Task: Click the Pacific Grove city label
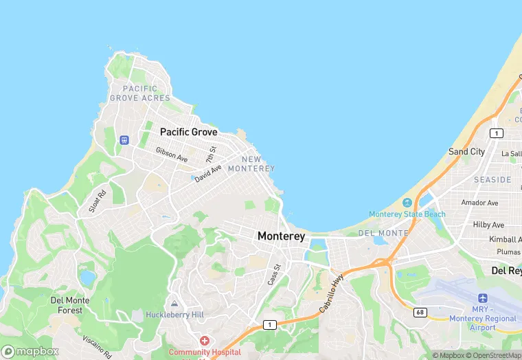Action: pyautogui.click(x=188, y=132)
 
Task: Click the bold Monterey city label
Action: pyautogui.click(x=281, y=236)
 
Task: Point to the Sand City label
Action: pyautogui.click(x=466, y=152)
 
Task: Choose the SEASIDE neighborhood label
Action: pyautogui.click(x=492, y=180)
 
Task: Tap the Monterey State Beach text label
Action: pyautogui.click(x=407, y=214)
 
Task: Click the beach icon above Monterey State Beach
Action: pyautogui.click(x=407, y=203)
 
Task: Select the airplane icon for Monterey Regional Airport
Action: pyautogui.click(x=482, y=299)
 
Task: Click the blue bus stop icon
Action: pyautogui.click(x=124, y=140)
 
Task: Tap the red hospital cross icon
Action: pyautogui.click(x=204, y=341)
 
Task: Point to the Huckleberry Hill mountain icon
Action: pyautogui.click(x=174, y=303)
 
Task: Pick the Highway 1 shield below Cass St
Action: pyautogui.click(x=270, y=324)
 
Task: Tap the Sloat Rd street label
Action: pyautogui.click(x=98, y=199)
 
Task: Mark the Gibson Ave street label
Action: pyautogui.click(x=171, y=155)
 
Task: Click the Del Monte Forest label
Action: pyautogui.click(x=67, y=305)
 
